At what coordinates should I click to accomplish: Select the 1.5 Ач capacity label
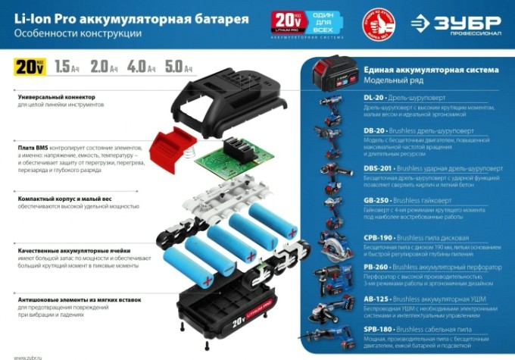(67, 67)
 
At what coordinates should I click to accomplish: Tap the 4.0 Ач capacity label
(140, 67)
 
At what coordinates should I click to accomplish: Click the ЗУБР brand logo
(457, 23)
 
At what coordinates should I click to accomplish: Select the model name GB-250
(376, 201)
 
